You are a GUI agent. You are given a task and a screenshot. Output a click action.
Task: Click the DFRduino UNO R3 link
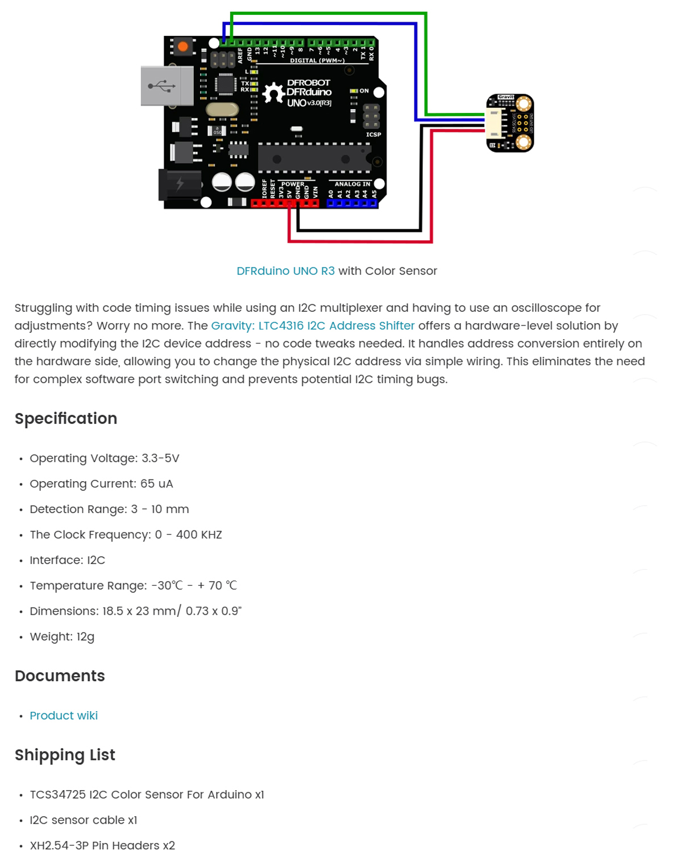tap(285, 271)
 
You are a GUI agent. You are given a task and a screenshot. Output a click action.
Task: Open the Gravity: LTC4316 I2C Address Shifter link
tap(313, 325)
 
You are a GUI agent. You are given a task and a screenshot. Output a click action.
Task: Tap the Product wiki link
tap(64, 715)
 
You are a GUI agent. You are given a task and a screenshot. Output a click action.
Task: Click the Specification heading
tap(66, 419)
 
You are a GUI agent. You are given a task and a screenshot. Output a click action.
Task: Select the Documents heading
tap(60, 676)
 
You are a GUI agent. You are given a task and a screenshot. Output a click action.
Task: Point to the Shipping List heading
tap(65, 755)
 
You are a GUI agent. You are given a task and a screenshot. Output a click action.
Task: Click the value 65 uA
tap(157, 483)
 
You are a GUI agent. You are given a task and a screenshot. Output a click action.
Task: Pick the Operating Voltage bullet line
tap(105, 458)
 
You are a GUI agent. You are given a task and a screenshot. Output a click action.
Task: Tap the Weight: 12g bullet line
tap(62, 637)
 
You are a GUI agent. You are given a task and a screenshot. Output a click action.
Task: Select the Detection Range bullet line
tap(109, 509)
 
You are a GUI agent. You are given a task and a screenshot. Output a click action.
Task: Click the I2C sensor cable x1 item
tap(84, 820)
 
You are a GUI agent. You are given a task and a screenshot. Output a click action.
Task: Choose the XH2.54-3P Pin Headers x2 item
tap(102, 845)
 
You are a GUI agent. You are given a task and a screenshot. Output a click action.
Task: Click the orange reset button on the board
tap(182, 47)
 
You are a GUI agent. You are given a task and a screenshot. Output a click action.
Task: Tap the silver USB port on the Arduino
tap(167, 86)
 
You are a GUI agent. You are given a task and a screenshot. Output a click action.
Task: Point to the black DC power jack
tap(180, 184)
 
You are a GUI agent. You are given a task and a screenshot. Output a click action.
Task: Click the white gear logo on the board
tap(273, 93)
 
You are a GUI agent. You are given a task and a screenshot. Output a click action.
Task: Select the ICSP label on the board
tap(373, 135)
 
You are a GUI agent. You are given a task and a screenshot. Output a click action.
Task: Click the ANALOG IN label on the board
tap(352, 184)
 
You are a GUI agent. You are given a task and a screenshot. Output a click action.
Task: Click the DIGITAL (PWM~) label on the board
tap(317, 60)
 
